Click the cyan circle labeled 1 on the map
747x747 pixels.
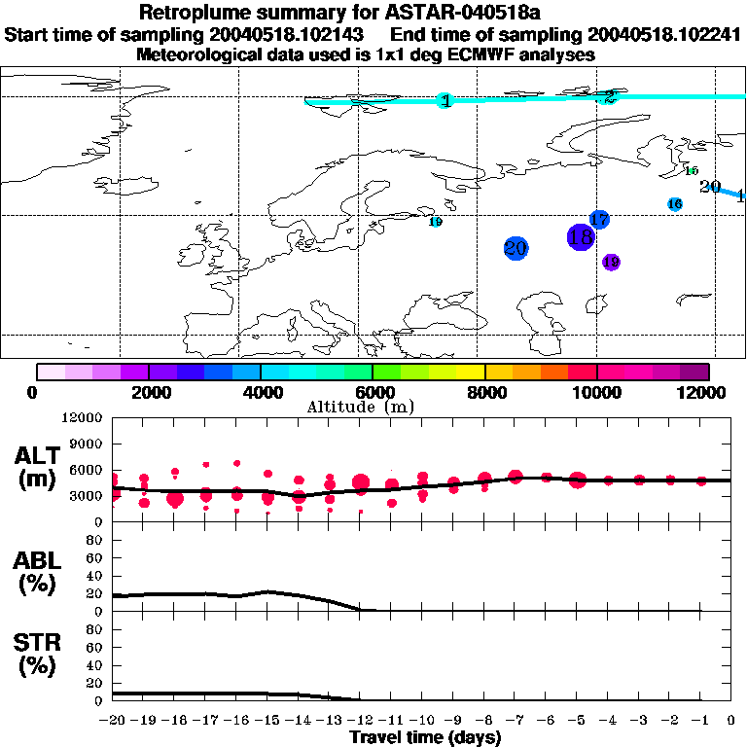point(445,100)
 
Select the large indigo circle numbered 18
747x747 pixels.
point(581,236)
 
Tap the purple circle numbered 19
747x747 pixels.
point(611,262)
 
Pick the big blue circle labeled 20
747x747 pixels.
point(516,248)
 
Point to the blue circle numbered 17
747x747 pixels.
point(599,220)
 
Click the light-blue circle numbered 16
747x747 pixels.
point(675,204)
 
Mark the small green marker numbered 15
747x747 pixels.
point(692,171)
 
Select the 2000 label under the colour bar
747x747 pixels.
point(148,392)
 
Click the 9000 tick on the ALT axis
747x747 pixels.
point(87,444)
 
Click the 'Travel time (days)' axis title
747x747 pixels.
point(425,737)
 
